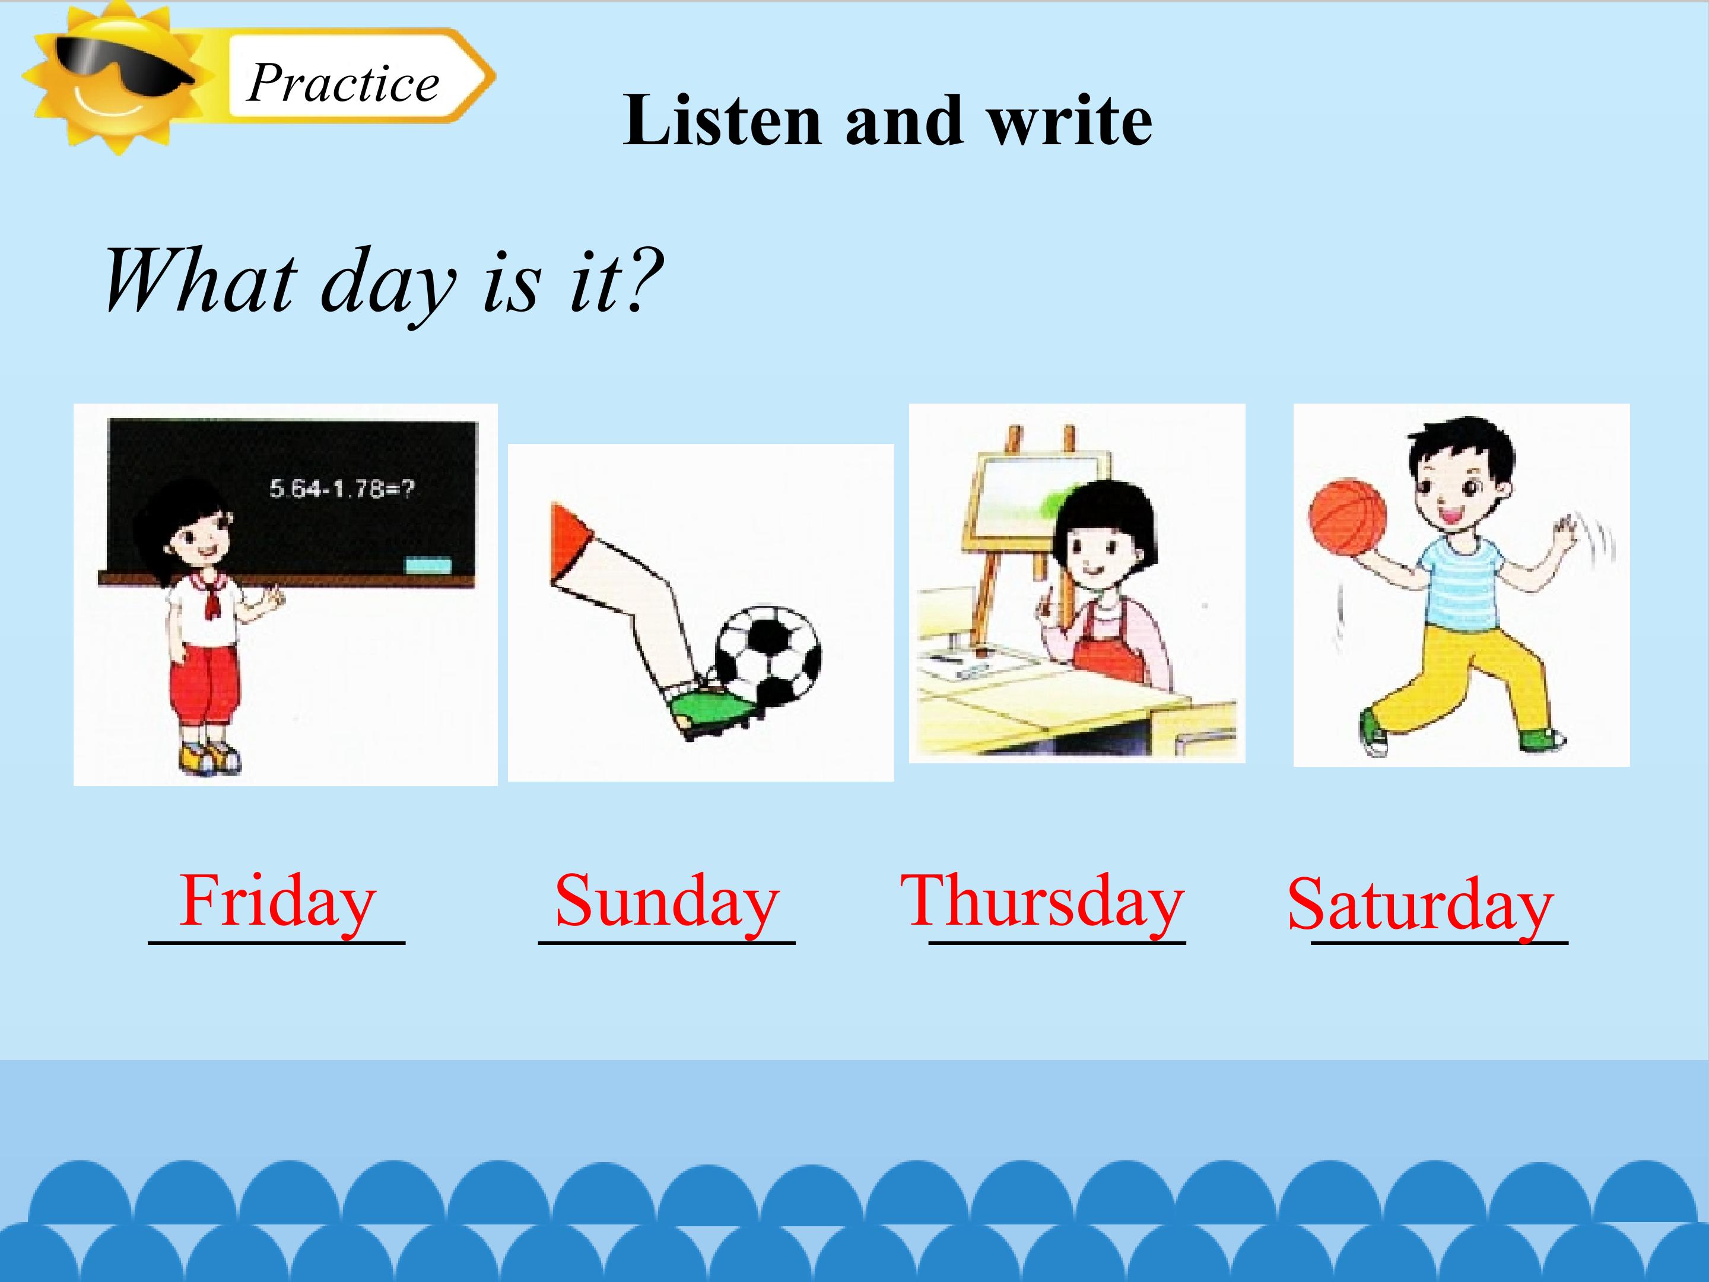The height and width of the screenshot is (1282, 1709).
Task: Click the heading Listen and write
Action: (887, 120)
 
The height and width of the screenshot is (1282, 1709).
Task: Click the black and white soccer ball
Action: (768, 655)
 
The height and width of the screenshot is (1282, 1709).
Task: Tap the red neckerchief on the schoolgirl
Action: (211, 599)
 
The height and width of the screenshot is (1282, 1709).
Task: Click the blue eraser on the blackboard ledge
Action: (428, 565)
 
